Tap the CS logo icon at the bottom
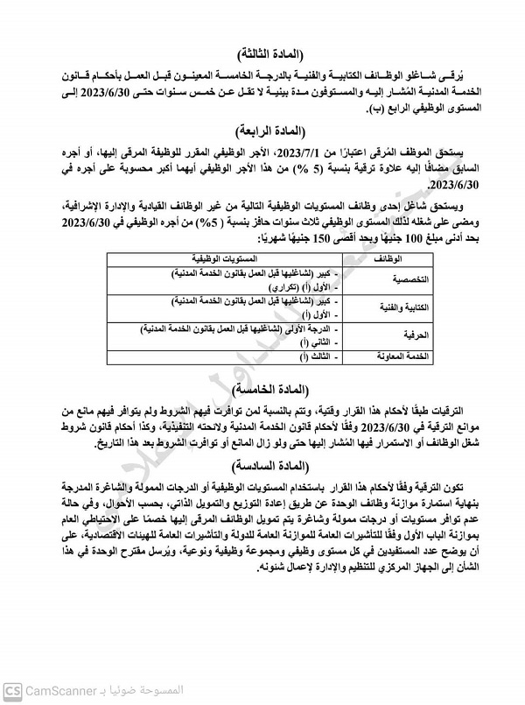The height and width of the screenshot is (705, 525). click(12, 692)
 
